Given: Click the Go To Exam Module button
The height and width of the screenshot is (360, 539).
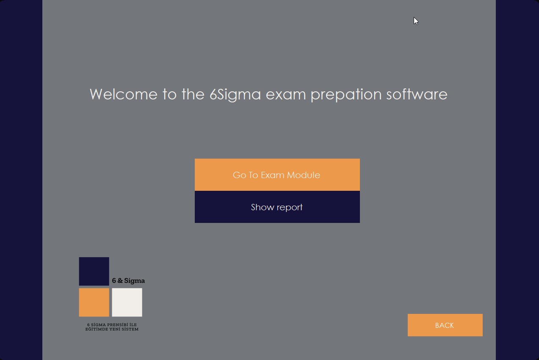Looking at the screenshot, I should (x=277, y=175).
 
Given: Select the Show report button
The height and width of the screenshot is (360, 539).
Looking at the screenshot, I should (x=277, y=207).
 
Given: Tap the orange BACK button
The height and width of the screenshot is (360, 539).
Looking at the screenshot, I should (x=445, y=325).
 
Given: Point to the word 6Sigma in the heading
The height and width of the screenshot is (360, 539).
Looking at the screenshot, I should (x=235, y=94).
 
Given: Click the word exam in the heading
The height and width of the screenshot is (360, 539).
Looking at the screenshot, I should (x=286, y=94).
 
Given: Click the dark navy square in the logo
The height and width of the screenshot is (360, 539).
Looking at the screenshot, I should (x=94, y=271).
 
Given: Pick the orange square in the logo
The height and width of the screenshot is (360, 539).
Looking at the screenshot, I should (x=94, y=302).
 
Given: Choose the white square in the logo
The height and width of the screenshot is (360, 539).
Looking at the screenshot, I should (x=127, y=302).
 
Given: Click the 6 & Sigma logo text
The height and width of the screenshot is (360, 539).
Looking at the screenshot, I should (x=128, y=280).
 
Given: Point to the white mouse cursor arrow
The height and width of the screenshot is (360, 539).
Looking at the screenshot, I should (x=415, y=20).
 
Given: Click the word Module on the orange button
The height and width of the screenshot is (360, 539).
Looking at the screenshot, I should (x=304, y=175).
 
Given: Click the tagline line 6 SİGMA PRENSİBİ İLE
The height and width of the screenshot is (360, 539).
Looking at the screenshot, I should (x=112, y=325).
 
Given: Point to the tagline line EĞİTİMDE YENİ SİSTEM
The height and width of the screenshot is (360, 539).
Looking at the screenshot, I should (x=112, y=329).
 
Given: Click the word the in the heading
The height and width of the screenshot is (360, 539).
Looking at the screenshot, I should (x=193, y=94).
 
